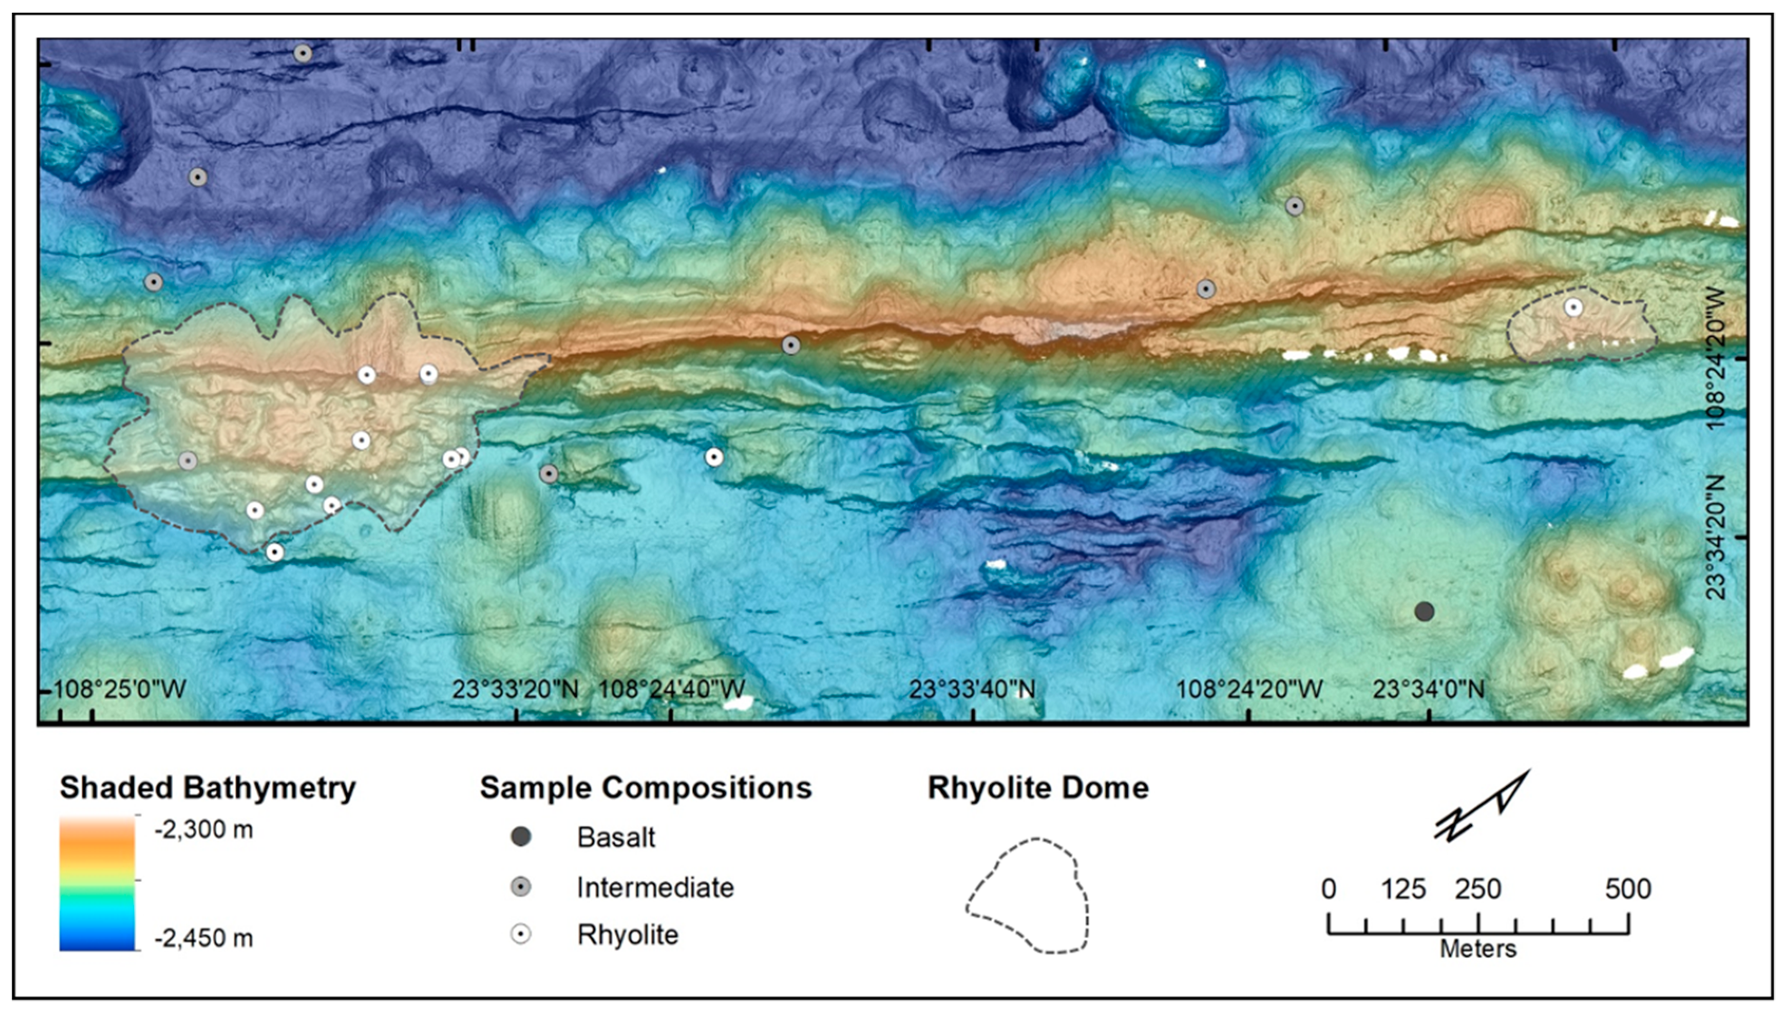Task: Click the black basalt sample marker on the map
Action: [x=1424, y=612]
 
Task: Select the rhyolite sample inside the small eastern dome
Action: [x=1573, y=307]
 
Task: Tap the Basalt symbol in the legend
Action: [x=521, y=837]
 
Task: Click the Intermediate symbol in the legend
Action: [x=521, y=887]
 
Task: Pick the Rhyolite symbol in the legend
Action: [x=521, y=934]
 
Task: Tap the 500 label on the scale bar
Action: [x=1628, y=889]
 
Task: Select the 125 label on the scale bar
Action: [x=1402, y=889]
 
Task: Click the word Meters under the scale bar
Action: [x=1477, y=949]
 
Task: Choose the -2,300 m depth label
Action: [x=203, y=829]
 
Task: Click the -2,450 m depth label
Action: [x=203, y=938]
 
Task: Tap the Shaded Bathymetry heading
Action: [x=207, y=788]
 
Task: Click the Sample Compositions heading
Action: [x=645, y=788]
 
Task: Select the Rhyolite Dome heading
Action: [x=1037, y=788]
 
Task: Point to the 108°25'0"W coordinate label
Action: [x=120, y=690]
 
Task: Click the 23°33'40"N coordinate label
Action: [x=971, y=690]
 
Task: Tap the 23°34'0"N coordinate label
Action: [x=1429, y=690]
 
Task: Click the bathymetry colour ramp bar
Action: [x=97, y=883]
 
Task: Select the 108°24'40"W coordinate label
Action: [x=671, y=690]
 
